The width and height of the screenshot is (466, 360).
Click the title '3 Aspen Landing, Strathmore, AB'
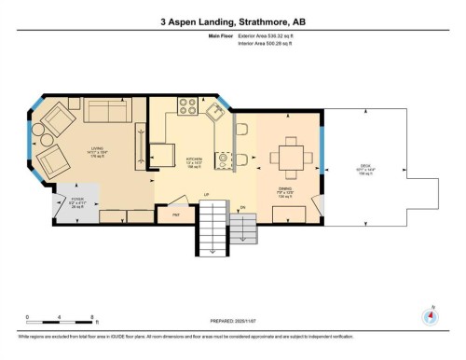(232, 17)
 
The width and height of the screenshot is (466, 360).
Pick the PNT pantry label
(175, 215)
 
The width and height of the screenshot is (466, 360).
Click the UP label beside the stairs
(206, 195)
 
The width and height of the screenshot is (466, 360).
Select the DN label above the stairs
(241, 207)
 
